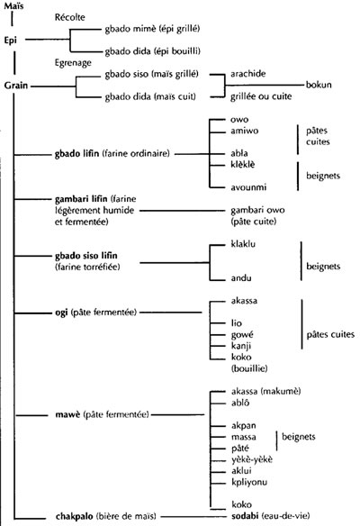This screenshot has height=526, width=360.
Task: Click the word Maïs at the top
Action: pos(13,6)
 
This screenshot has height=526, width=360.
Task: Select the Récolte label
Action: pos(69,17)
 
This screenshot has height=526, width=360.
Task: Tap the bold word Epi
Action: pos(11,41)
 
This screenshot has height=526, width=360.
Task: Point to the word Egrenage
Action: pos(73,63)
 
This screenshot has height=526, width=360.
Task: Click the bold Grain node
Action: pos(16,86)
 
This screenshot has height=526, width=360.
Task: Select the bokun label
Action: pos(319,85)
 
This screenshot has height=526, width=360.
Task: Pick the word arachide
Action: pos(248,74)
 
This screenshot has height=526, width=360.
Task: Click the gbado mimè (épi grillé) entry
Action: pos(152,29)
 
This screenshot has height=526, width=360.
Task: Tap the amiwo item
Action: pos(245,131)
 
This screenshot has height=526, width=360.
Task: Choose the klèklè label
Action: pos(243,164)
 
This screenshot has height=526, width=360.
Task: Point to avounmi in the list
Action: pos(248,187)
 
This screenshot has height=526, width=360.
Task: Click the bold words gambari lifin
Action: pos(81,199)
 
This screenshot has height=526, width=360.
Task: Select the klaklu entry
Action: pos(243,244)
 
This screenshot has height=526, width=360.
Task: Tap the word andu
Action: pos(241,277)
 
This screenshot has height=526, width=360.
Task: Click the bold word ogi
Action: pos(61,313)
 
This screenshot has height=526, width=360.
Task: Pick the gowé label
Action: pos(242,335)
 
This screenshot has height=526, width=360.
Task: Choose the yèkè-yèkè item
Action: pos(252,459)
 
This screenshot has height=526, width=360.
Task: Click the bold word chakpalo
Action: pos(75,516)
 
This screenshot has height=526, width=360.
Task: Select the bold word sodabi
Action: pos(245,515)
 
